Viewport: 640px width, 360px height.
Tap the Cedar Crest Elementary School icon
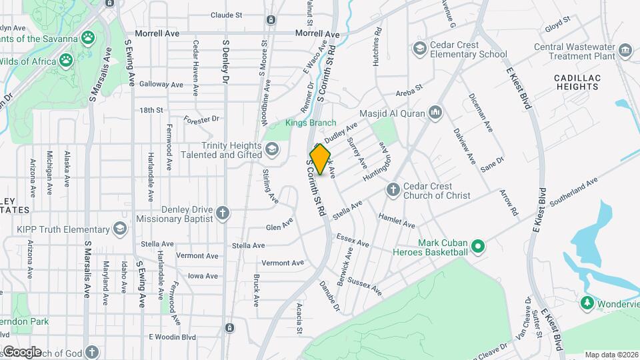(x=419, y=48)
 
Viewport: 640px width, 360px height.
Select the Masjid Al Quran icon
(x=435, y=111)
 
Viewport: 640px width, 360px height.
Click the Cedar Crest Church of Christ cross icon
(x=393, y=191)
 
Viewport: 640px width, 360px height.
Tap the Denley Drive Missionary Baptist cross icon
(x=223, y=213)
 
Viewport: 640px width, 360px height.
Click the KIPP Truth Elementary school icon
(x=119, y=229)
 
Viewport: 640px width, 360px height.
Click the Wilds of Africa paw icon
(x=65, y=62)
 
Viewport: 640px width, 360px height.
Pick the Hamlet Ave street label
(x=396, y=221)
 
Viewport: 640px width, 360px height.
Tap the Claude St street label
(x=226, y=15)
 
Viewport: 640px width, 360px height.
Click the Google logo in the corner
(x=21, y=351)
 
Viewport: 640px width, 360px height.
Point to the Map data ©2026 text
(x=611, y=355)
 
